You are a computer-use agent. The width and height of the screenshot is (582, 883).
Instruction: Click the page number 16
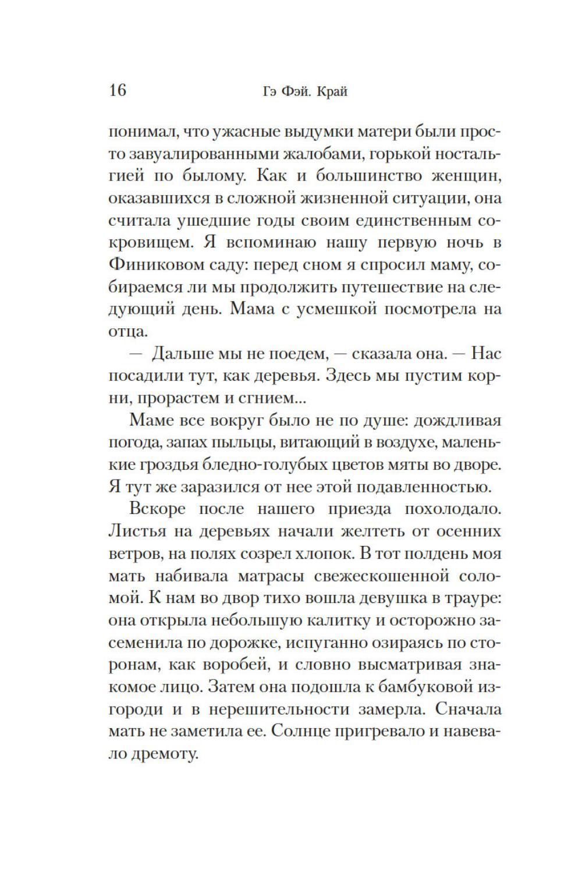117,90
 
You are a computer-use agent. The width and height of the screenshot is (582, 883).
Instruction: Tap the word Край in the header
333,92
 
